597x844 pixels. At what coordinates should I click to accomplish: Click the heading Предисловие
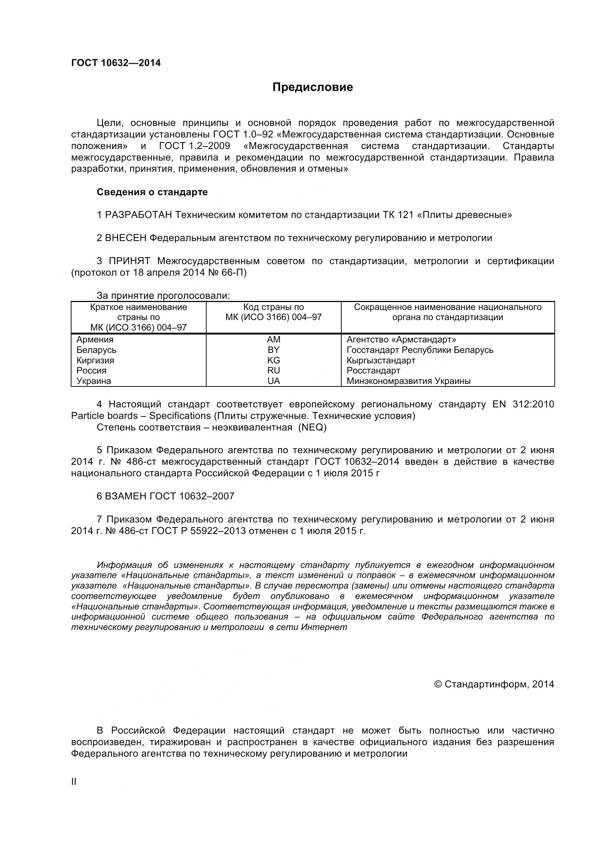312,87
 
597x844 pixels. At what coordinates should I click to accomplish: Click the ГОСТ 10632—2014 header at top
116,63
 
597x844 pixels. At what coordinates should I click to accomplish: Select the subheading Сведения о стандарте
152,192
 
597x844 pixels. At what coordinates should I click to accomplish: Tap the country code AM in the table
273,339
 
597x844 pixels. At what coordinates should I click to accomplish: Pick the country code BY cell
273,350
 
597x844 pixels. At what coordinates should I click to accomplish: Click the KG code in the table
273,360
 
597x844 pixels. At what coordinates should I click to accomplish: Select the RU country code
273,370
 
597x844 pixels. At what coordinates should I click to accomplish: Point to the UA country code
273,381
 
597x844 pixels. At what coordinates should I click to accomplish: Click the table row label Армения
95,339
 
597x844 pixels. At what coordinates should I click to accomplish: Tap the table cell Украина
94,381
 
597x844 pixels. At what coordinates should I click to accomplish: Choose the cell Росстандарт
373,370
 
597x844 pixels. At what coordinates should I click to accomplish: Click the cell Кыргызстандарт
381,360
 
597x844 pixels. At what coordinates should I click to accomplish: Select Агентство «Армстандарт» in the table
401,339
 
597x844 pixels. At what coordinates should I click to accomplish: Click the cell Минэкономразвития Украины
408,381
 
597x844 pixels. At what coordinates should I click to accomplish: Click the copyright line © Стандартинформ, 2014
494,684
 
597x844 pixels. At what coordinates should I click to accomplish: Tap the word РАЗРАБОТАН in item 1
138,215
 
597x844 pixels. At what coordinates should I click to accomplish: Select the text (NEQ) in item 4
312,427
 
